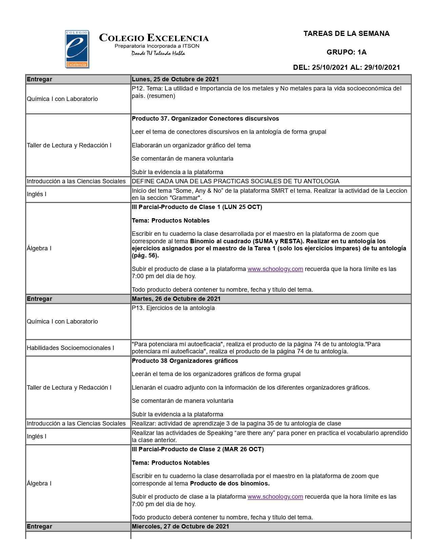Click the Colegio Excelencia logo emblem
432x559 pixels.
tap(77, 49)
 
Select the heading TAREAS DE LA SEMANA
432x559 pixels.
tap(346, 34)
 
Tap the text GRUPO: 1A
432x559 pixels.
tap(346, 52)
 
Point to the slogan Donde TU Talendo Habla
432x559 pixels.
tap(158, 53)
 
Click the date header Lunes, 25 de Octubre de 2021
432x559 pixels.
tap(175, 79)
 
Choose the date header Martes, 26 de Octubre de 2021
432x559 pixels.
tap(176, 299)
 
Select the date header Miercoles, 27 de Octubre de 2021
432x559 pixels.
tap(180, 526)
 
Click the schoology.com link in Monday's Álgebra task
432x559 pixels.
tap(275, 269)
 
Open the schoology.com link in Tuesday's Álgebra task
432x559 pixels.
tap(275, 497)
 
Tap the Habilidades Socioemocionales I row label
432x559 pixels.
tap(70, 348)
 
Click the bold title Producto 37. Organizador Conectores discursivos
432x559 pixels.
tap(205, 119)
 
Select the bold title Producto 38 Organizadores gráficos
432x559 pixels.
tap(185, 361)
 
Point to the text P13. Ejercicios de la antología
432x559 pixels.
tap(173, 308)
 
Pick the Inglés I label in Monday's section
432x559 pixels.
tap(37, 194)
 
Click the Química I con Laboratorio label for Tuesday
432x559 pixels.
tap(62, 322)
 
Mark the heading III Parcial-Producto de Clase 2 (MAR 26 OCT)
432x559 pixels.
tap(198, 449)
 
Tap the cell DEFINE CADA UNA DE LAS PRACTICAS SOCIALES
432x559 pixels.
tap(235, 181)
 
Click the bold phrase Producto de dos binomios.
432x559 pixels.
tap(230, 483)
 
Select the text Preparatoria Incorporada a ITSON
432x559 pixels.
tap(157, 46)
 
